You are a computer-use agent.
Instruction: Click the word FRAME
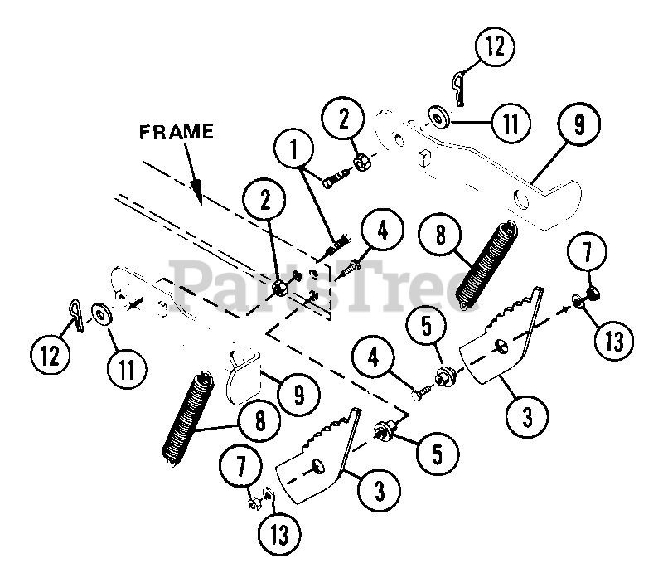click(177, 132)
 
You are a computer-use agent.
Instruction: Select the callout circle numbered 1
click(294, 149)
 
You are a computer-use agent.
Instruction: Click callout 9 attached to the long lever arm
click(578, 124)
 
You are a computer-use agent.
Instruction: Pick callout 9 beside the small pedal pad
click(299, 395)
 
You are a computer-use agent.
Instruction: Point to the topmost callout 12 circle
click(495, 46)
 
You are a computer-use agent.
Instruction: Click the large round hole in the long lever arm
click(521, 201)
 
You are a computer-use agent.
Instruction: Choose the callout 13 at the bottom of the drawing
click(279, 534)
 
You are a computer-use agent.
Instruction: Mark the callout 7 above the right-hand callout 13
click(588, 252)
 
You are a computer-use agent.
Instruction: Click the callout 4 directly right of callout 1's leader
click(382, 231)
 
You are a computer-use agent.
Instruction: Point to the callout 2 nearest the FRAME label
click(264, 200)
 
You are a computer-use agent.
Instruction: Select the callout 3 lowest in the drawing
click(379, 491)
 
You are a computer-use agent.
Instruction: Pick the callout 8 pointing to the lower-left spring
click(259, 420)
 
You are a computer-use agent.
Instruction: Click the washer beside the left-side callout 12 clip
click(101, 314)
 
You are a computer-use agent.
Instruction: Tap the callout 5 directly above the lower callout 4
click(427, 326)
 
